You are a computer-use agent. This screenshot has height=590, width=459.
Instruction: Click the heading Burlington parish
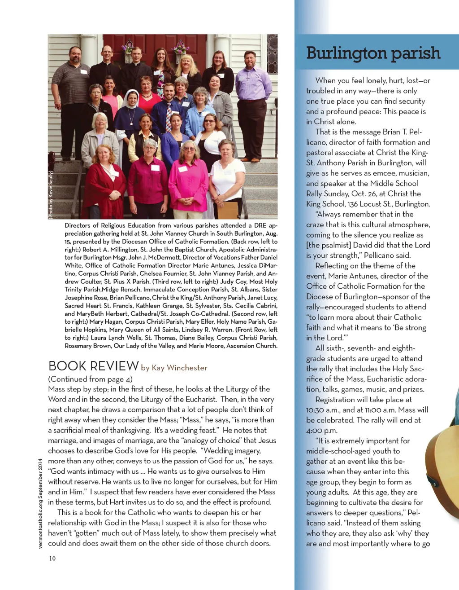tap(373, 53)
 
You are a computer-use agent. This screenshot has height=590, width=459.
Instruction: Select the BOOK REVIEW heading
tap(93, 366)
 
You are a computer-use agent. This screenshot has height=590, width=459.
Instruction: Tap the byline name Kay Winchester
tap(179, 368)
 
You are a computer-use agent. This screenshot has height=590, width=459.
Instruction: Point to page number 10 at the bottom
tap(52, 558)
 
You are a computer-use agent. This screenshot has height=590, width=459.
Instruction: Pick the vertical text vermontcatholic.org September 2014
tap(40, 503)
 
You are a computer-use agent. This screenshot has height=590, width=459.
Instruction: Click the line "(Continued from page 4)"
tap(90, 379)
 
